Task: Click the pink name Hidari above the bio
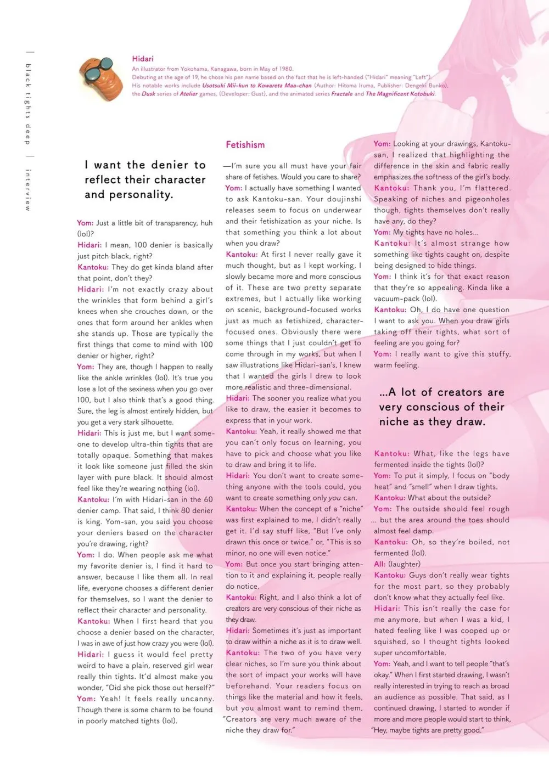[143, 59]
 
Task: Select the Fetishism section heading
[245, 145]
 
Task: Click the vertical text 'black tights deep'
[28, 104]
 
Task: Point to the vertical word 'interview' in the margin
[28, 190]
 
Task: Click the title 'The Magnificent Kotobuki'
[400, 94]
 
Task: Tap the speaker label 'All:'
[380, 564]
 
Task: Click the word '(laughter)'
[404, 564]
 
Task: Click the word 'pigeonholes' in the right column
[488, 199]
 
